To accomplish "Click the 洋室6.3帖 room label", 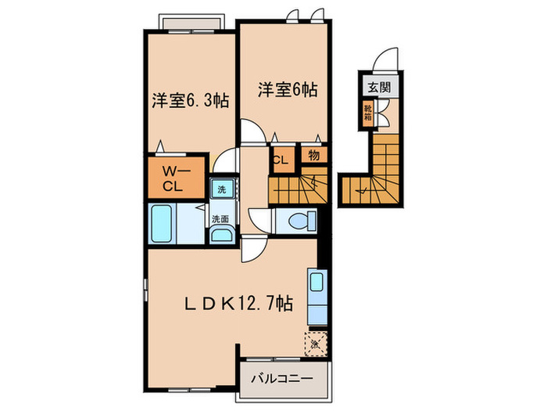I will pyautogui.click(x=190, y=101).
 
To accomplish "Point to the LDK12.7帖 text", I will pyautogui.click(x=238, y=303).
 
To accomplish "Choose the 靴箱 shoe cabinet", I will pyautogui.click(x=367, y=114).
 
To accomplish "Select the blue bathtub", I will pyautogui.click(x=164, y=224).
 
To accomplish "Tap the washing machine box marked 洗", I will pyautogui.click(x=221, y=189).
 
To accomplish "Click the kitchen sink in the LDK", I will pyautogui.click(x=318, y=282).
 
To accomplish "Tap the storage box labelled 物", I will pyautogui.click(x=313, y=157).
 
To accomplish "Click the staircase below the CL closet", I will pyautogui.click(x=298, y=189).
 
